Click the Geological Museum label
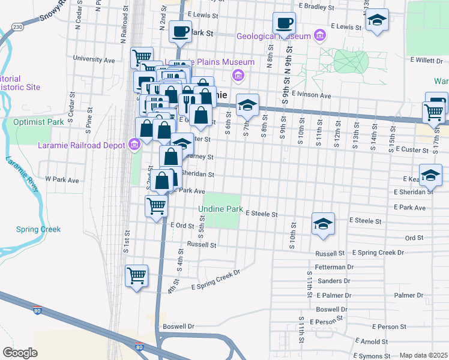pyautogui.click(x=273, y=36)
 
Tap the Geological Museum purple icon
pyautogui.click(x=319, y=36)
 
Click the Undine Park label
pyautogui.click(x=221, y=209)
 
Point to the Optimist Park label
pyautogui.click(x=38, y=122)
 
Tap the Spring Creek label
pyautogui.click(x=38, y=229)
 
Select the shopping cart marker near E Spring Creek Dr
pyautogui.click(x=136, y=277)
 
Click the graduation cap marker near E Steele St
pyautogui.click(x=323, y=224)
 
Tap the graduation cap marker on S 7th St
pyautogui.click(x=247, y=105)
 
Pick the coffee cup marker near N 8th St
pyautogui.click(x=285, y=23)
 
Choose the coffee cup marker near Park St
pyautogui.click(x=179, y=32)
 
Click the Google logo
pyautogui.click(x=20, y=352)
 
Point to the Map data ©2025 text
pyautogui.click(x=423, y=355)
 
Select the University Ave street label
pyautogui.click(x=94, y=59)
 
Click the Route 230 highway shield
pyautogui.click(x=18, y=27)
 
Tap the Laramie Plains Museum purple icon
pyautogui.click(x=238, y=75)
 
